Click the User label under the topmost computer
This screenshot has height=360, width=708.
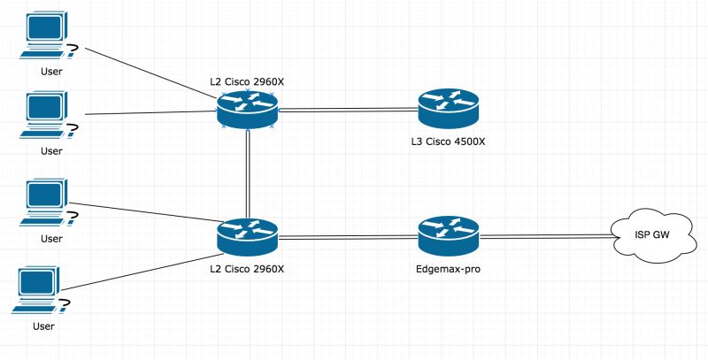(x=51, y=70)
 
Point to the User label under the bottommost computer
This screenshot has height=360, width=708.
(x=42, y=326)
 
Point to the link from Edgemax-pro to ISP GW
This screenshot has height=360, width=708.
(x=544, y=236)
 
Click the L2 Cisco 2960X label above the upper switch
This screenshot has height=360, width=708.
(x=247, y=82)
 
